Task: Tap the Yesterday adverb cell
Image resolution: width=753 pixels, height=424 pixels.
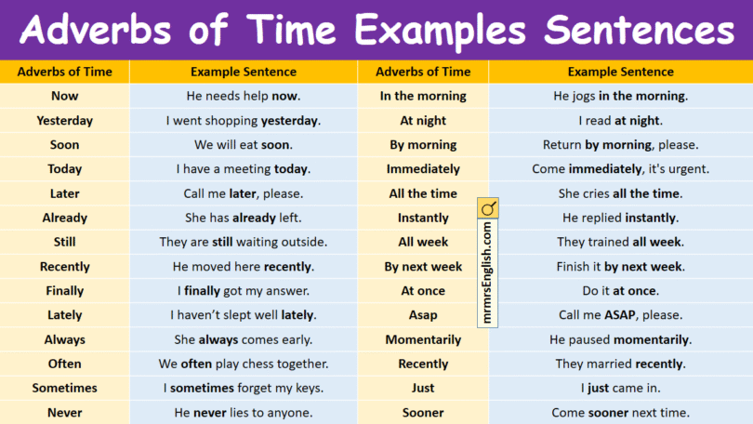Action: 65,121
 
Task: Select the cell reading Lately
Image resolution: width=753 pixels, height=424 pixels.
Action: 65,315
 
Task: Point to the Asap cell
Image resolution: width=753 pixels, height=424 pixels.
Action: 423,315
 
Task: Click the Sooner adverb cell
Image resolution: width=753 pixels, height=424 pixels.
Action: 423,413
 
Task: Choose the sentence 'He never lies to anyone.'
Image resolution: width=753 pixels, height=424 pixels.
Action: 244,413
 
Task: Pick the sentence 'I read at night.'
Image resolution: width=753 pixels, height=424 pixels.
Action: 620,121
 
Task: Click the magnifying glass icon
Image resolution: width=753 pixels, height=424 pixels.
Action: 488,207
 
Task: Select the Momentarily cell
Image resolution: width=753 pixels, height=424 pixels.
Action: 423,339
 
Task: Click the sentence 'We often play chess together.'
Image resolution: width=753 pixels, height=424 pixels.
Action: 244,364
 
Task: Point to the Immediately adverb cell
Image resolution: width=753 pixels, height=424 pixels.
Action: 423,169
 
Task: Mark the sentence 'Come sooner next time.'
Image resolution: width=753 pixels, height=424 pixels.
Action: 620,413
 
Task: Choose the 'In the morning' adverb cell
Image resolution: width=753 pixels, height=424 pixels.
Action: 423,96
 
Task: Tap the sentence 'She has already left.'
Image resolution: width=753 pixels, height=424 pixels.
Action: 244,218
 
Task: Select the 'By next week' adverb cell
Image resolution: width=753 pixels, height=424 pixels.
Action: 423,267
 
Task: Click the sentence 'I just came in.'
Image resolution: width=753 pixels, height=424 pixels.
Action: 620,388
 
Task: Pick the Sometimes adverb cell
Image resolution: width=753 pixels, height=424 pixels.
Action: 65,388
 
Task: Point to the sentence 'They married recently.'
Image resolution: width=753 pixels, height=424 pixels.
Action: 620,364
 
